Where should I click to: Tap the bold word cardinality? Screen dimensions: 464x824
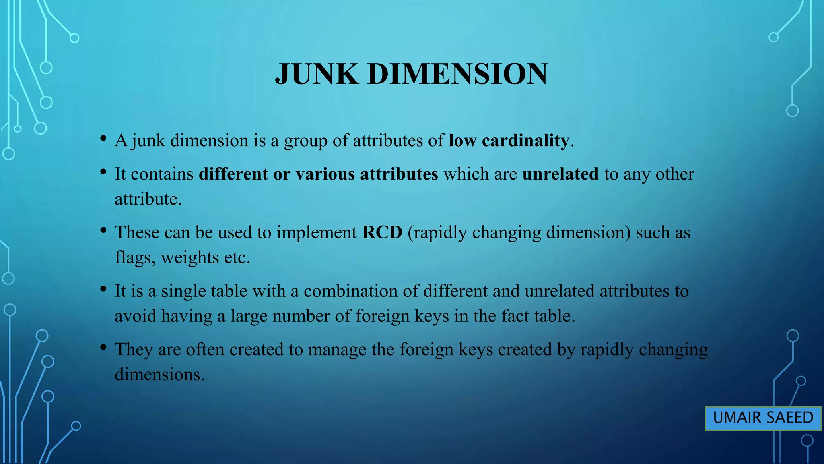(x=525, y=141)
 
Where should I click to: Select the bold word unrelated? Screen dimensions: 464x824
(x=560, y=174)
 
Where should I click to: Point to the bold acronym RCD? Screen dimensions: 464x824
(x=382, y=232)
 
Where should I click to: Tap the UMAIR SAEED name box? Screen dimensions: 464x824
(x=763, y=418)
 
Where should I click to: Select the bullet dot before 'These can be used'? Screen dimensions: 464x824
(x=103, y=230)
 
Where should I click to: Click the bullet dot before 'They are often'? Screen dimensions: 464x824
(x=103, y=347)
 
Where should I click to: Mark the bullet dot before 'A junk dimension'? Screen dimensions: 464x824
(x=103, y=138)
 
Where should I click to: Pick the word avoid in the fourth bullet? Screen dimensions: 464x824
(x=135, y=316)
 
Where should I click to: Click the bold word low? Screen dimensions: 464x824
(x=462, y=141)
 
